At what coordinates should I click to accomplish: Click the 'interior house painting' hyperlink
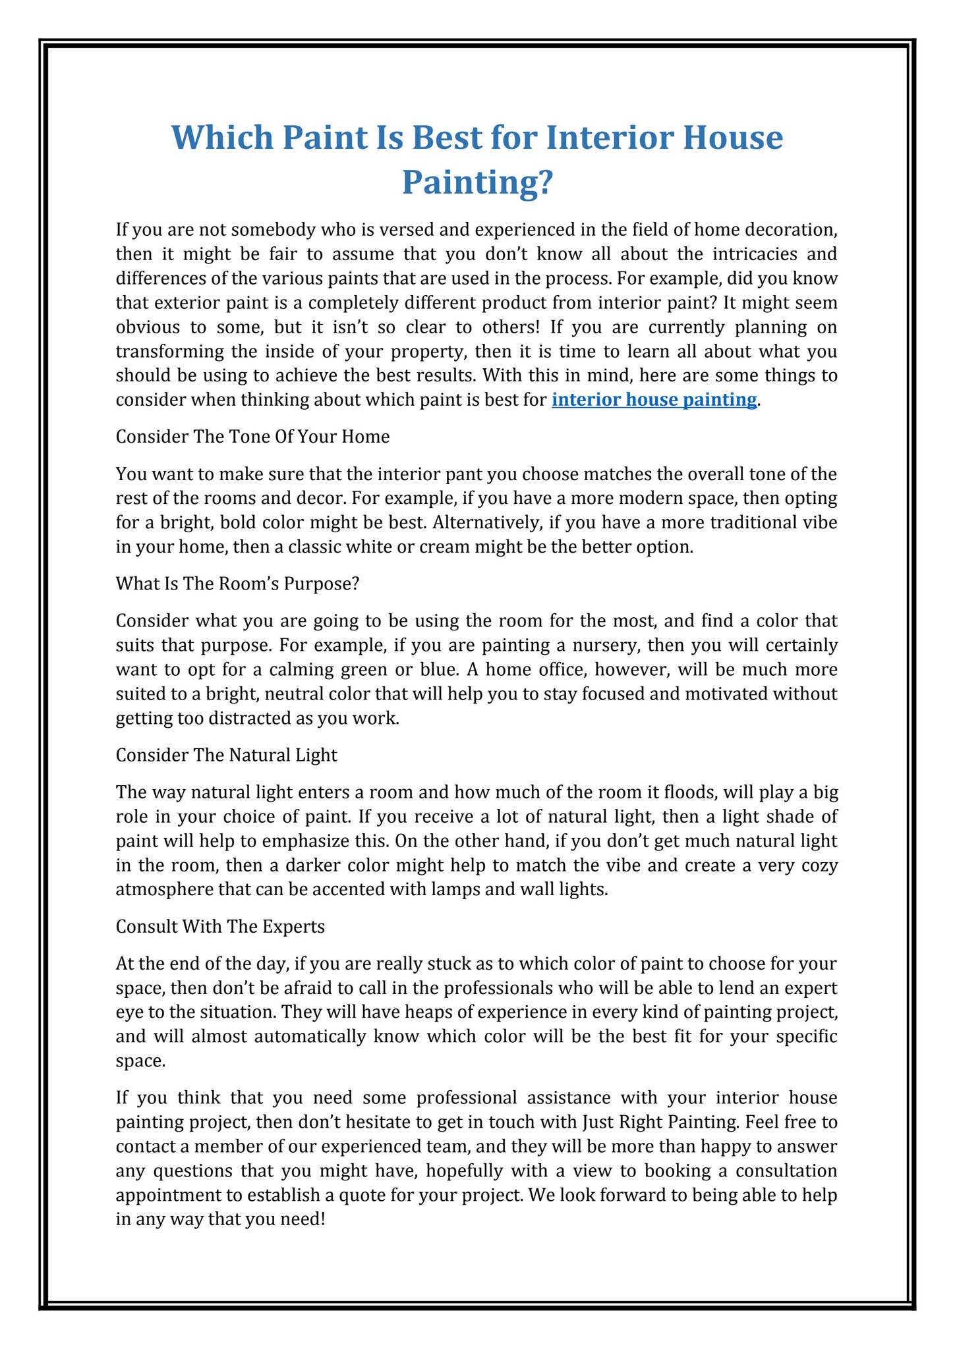pyautogui.click(x=654, y=400)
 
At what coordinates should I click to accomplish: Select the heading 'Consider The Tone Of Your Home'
pyautogui.click(x=252, y=437)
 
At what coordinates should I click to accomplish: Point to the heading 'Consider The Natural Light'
pyautogui.click(x=226, y=755)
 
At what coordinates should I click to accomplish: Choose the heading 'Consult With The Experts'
pyautogui.click(x=220, y=927)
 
